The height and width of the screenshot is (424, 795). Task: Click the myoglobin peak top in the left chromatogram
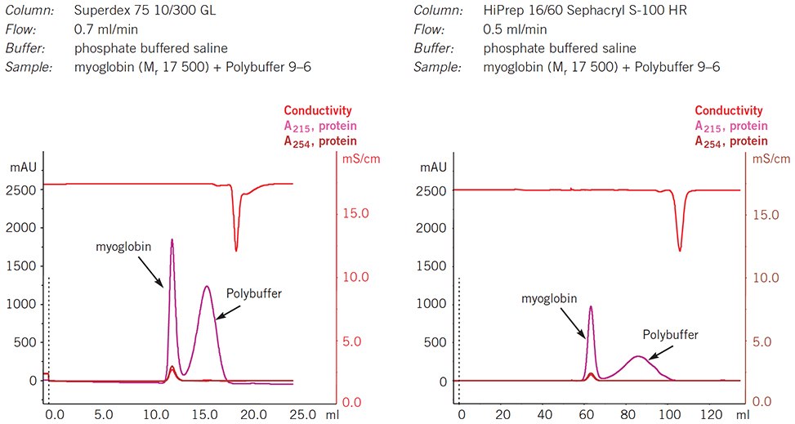(172, 240)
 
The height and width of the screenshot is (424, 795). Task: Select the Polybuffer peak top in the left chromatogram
(207, 287)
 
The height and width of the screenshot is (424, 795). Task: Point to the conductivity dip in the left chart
(237, 250)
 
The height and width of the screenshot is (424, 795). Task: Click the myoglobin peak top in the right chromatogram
(591, 307)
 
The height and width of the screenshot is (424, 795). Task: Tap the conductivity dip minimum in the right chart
(680, 250)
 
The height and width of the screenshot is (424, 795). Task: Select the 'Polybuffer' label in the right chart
(671, 334)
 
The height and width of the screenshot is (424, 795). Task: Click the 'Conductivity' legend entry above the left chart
(318, 110)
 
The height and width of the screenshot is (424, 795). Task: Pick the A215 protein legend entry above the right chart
(731, 126)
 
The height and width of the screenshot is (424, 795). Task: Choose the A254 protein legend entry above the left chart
(320, 141)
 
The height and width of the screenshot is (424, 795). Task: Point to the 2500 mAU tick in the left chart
(19, 190)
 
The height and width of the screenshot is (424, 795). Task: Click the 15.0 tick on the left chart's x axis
(203, 415)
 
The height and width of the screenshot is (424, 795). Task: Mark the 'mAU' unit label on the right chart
(434, 167)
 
